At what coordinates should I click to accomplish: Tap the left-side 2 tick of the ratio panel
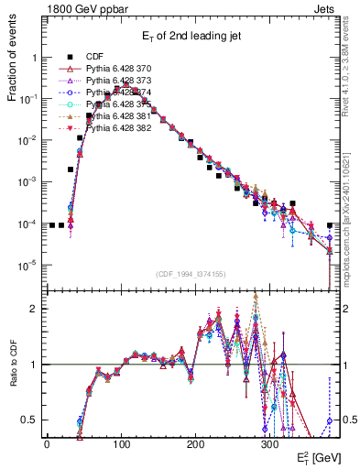click(x=35, y=309)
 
